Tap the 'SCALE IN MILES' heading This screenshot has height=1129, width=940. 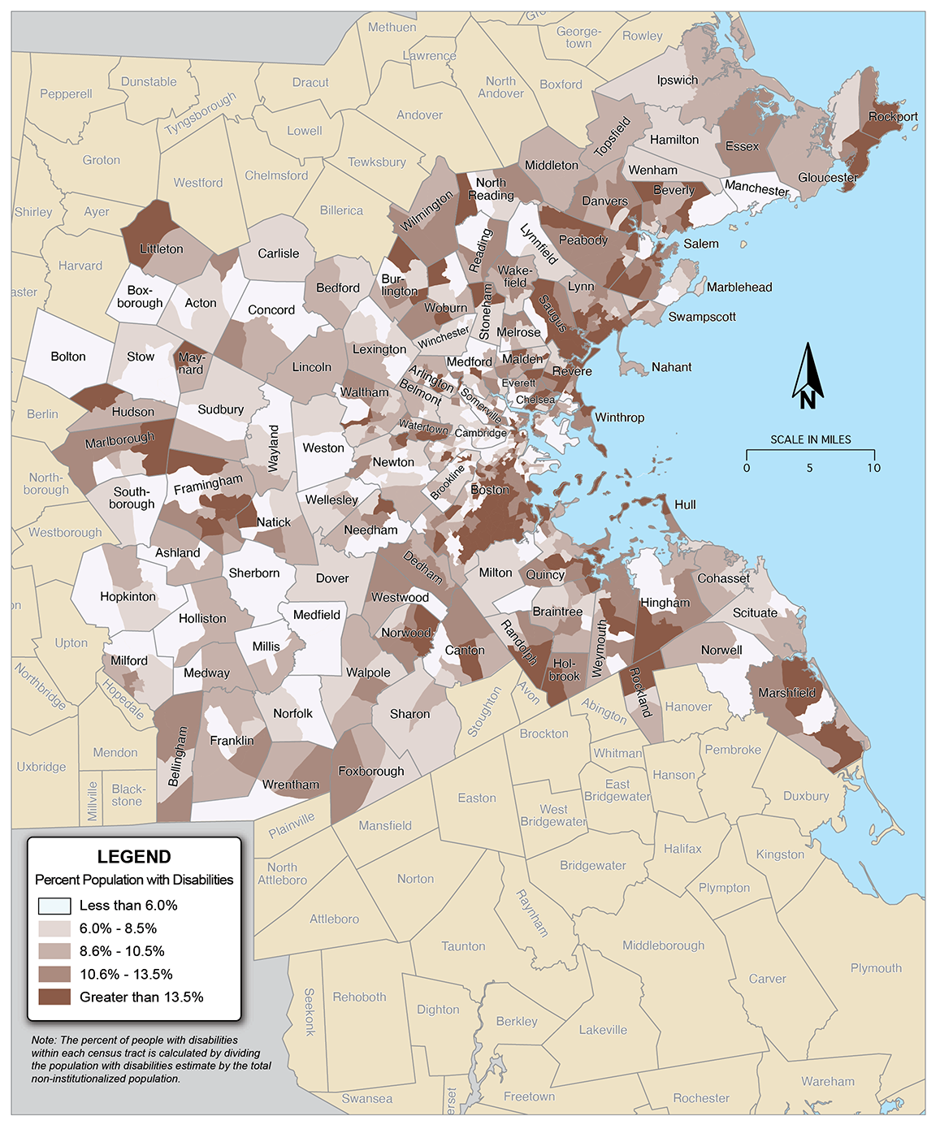tap(810, 439)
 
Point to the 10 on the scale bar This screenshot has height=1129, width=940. tap(873, 468)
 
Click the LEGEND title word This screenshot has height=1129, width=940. tap(134, 857)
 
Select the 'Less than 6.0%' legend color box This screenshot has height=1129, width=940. tap(54, 906)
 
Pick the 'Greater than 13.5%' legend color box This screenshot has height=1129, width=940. tap(54, 997)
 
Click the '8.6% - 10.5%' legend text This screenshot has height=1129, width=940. tap(122, 951)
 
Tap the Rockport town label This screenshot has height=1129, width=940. tap(892, 116)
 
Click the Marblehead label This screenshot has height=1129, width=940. tap(739, 287)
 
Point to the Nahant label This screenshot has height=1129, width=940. tap(671, 367)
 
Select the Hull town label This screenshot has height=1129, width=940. tap(685, 504)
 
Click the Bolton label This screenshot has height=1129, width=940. tap(68, 357)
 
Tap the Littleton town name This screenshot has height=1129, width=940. tap(161, 249)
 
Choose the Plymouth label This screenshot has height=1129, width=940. tap(876, 968)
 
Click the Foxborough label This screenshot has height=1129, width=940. tap(370, 771)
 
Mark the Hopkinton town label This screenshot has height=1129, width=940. tap(128, 596)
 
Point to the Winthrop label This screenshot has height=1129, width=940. tap(619, 417)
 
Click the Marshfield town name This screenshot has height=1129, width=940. tap(786, 693)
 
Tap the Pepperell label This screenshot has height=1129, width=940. tap(66, 93)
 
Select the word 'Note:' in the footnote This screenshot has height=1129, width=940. tap(44, 1040)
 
